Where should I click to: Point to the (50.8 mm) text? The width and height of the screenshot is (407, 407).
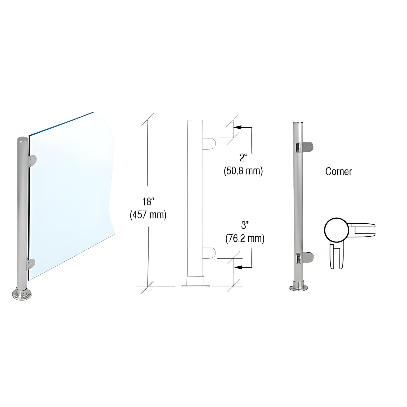coord(243,171)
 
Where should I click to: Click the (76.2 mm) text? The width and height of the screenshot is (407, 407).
coord(245,239)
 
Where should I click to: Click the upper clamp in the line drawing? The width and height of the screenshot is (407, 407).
coord(209,143)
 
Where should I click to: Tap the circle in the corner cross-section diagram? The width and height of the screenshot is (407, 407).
coord(336,230)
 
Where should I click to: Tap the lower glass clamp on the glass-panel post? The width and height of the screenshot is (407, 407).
coord(31,264)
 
